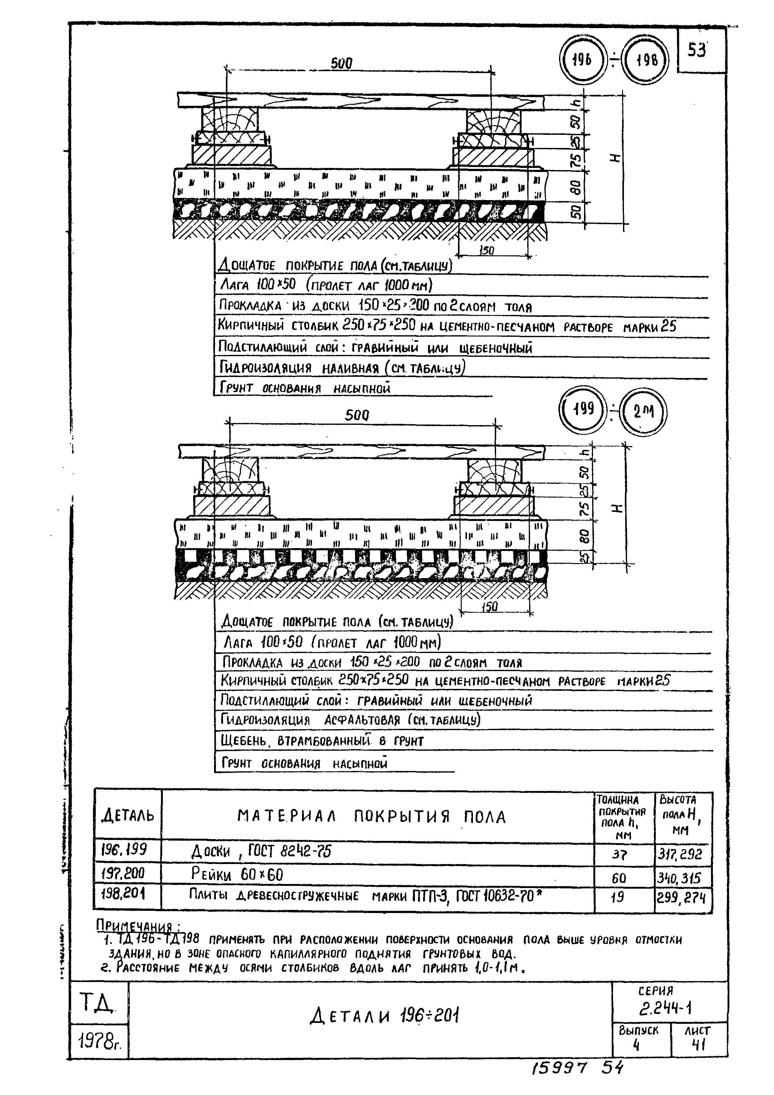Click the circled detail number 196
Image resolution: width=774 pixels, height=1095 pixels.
[x=581, y=60]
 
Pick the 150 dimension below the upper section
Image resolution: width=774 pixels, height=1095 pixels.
[x=486, y=250]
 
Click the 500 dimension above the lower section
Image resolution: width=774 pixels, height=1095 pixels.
[x=357, y=415]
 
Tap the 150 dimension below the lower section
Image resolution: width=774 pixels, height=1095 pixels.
[x=489, y=606]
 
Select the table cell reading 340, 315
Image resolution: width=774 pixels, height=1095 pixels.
[x=682, y=878]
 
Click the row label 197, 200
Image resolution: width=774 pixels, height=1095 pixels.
[x=123, y=874]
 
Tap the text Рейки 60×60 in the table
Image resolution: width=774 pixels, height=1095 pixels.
[x=237, y=875]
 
